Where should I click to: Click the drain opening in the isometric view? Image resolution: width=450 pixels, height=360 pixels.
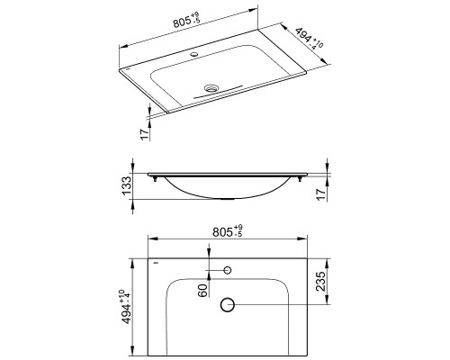tap(212, 88)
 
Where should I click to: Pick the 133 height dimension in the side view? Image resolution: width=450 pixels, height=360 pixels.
tap(129, 187)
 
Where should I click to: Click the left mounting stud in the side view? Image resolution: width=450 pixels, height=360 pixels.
tap(160, 181)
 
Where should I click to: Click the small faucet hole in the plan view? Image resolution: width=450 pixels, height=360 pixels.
tap(227, 270)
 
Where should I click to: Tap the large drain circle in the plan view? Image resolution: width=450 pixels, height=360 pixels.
tap(227, 305)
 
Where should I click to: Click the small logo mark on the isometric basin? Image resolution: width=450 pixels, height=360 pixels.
tap(129, 70)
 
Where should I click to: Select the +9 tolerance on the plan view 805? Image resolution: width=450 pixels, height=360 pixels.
tap(239, 227)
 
